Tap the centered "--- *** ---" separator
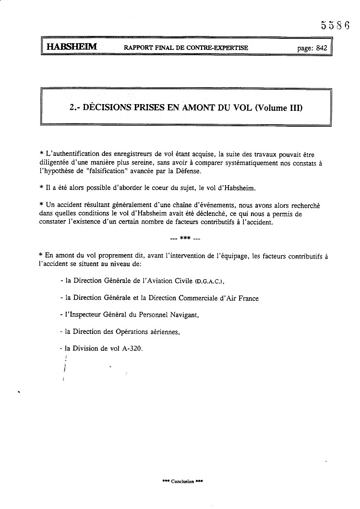click(185, 237)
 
